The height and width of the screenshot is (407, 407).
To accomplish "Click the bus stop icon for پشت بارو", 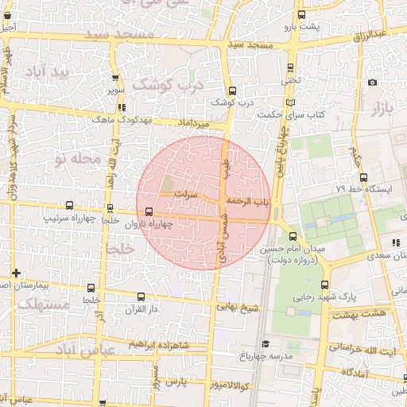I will (x=300, y=15).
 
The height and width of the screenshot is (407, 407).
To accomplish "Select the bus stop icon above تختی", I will (x=289, y=68).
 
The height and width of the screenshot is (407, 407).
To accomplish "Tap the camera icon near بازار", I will (x=372, y=83).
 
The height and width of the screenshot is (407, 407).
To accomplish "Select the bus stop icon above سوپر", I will (x=116, y=78).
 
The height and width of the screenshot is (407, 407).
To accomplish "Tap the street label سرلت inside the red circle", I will (x=185, y=193).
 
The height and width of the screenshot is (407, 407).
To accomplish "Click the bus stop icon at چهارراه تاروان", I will (x=149, y=211).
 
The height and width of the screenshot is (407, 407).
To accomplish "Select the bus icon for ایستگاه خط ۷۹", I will (x=363, y=177).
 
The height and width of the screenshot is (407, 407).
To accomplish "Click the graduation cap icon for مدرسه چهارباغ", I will (x=265, y=343).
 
